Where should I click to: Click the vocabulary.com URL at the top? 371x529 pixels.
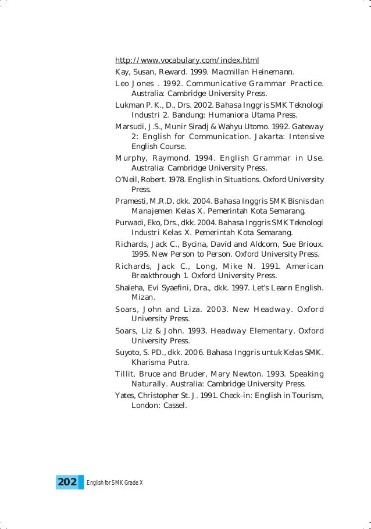[187, 60]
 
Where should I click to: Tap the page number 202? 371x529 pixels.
[67, 482]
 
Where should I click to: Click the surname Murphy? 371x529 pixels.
[131, 158]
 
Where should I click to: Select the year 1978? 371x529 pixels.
[174, 179]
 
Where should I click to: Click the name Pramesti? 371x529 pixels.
[131, 201]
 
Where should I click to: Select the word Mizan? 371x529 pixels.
[144, 297]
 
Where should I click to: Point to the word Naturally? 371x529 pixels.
[152, 384]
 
